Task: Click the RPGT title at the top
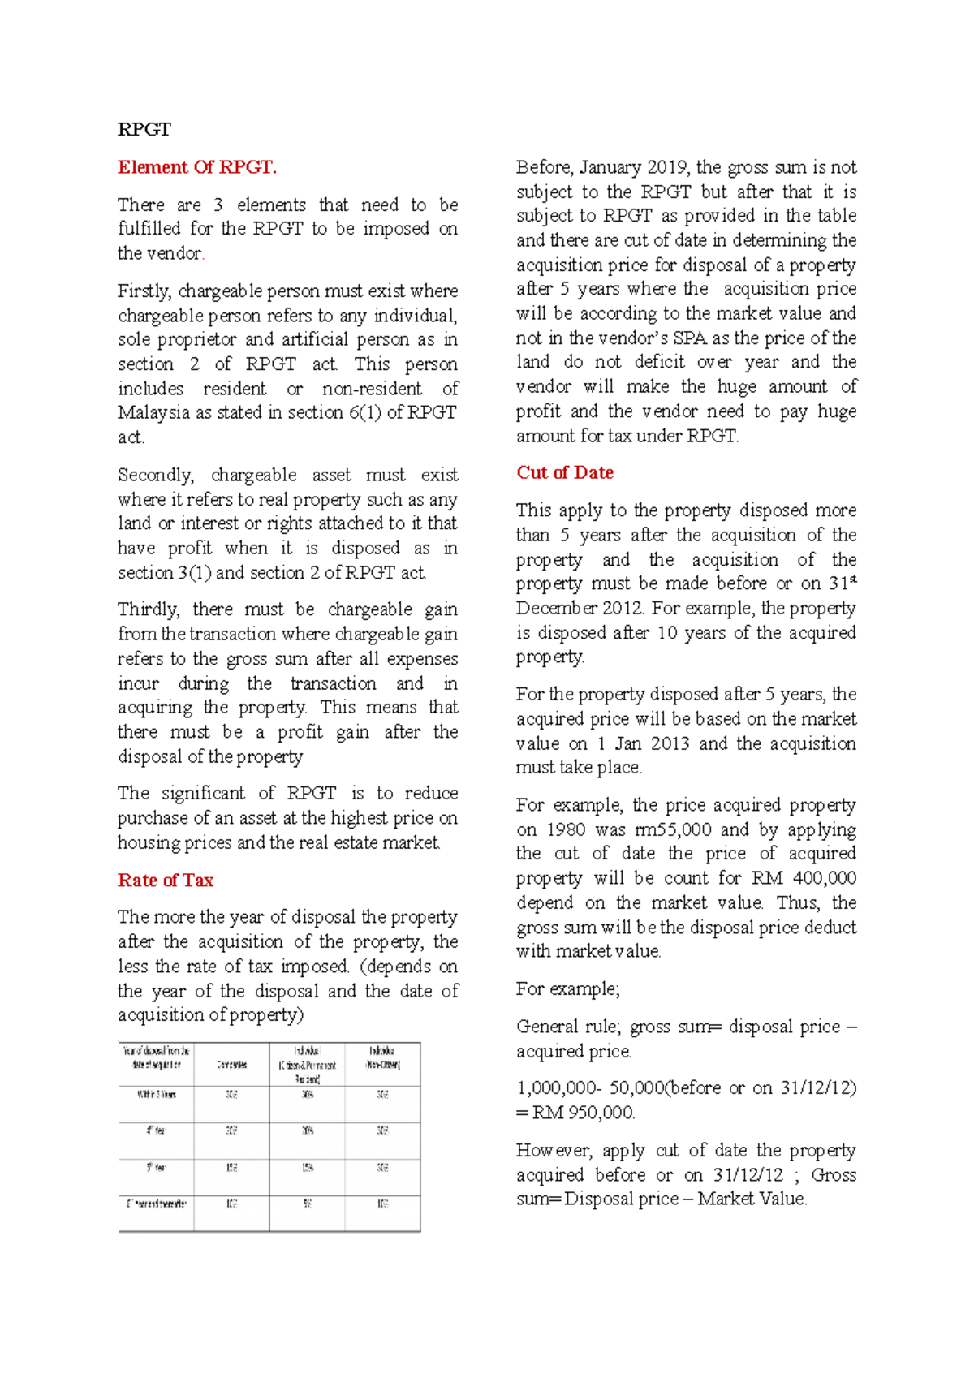(144, 130)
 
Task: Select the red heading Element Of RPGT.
(197, 167)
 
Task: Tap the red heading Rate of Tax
(166, 881)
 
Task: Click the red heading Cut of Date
(565, 473)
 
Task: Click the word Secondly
(155, 475)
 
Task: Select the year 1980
(566, 830)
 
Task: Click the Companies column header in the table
(231, 1065)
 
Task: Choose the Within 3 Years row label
(156, 1095)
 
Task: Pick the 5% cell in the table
(308, 1204)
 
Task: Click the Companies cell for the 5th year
(231, 1168)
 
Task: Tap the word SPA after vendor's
(690, 338)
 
